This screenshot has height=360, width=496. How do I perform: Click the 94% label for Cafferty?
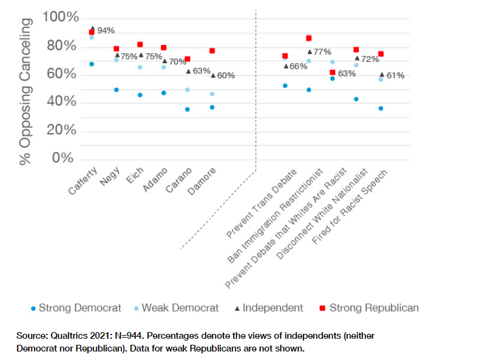[x=106, y=30]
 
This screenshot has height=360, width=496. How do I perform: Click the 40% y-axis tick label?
[x=63, y=103]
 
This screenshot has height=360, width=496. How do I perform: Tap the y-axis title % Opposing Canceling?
[x=25, y=91]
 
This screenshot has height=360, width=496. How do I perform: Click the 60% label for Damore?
[x=226, y=75]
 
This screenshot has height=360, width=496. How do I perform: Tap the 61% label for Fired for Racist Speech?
[x=395, y=75]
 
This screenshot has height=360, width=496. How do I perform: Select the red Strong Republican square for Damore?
[x=212, y=51]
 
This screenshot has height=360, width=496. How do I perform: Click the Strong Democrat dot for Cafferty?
[x=92, y=64]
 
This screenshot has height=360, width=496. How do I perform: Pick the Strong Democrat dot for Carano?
[x=188, y=109]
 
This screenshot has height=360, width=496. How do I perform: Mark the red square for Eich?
[x=140, y=44]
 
